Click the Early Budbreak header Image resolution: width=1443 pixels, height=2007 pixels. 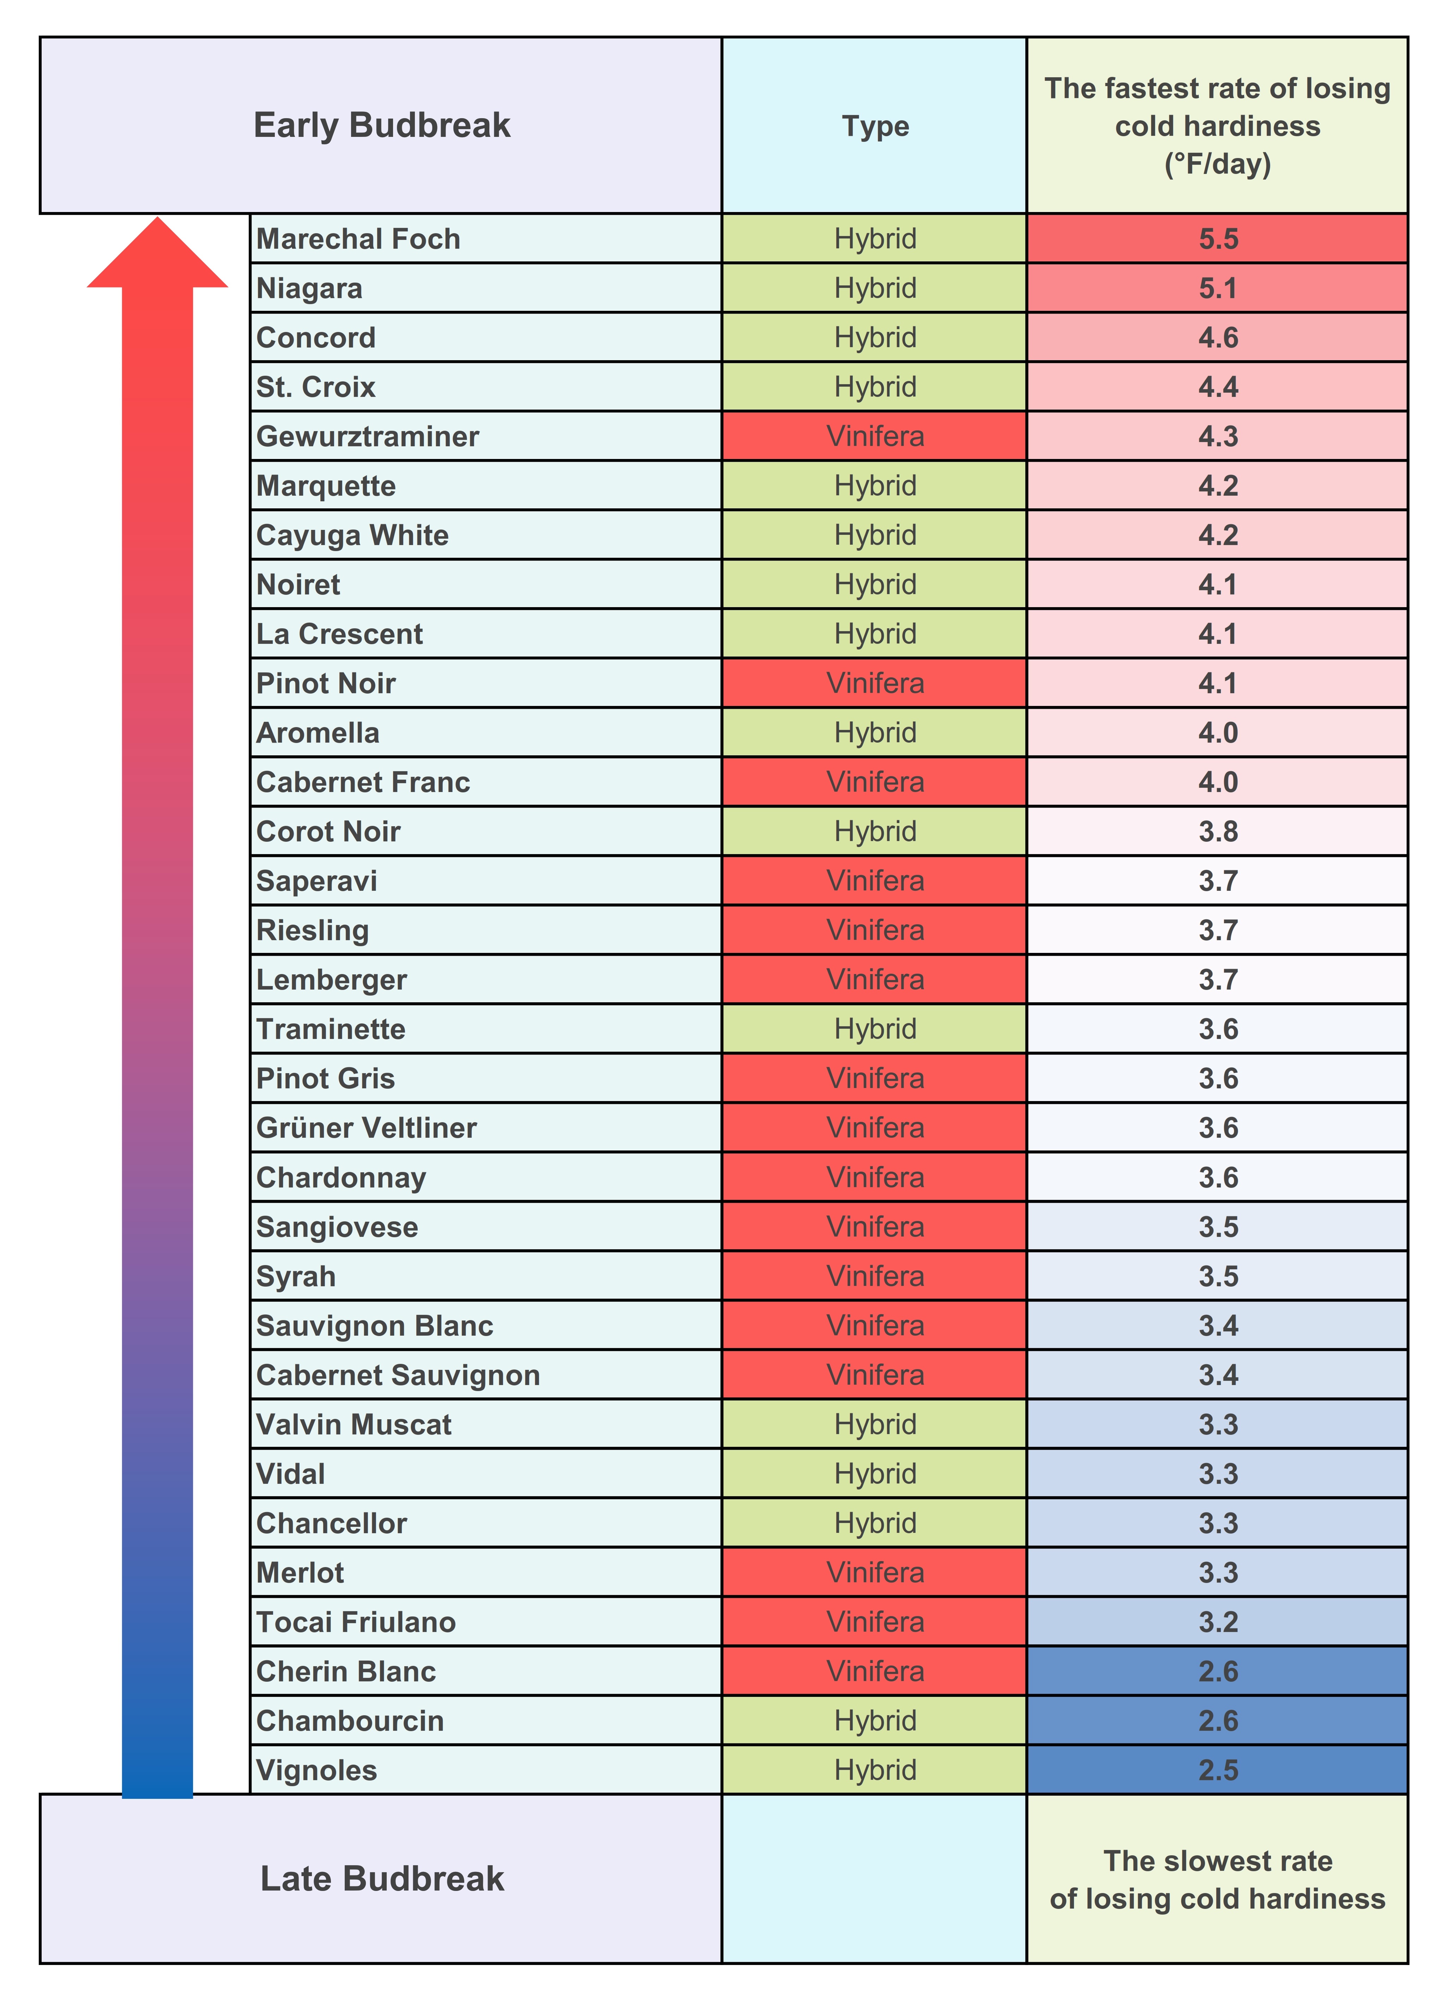point(381,125)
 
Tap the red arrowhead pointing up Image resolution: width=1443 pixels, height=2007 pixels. point(157,256)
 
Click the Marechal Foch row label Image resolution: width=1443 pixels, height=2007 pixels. point(358,239)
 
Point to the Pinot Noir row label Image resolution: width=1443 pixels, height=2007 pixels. point(326,683)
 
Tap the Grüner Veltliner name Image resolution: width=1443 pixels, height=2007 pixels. point(366,1128)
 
